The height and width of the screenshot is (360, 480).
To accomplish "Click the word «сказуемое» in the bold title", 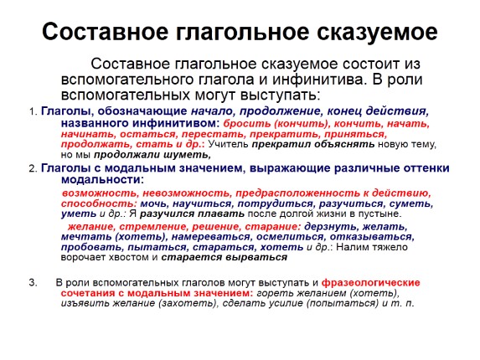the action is coord(377,32).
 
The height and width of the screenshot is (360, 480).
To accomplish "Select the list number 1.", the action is coord(33,111).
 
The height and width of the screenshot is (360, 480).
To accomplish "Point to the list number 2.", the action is coord(33,168).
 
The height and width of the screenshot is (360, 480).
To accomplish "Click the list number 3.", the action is coord(33,282).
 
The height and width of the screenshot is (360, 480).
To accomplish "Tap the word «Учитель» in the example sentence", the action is coord(228,144).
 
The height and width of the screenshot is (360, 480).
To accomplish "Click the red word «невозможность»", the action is coord(185,193).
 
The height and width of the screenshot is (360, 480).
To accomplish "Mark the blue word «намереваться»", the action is coord(210,237).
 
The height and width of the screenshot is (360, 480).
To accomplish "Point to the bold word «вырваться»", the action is coord(256,258).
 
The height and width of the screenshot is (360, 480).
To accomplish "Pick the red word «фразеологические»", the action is coord(371,283).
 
